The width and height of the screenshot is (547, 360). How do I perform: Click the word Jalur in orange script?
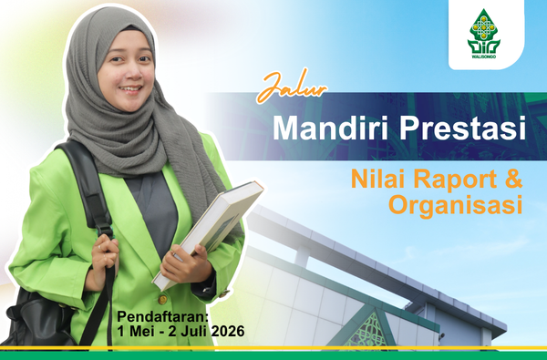coord(292,87)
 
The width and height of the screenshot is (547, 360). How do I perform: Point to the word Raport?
coord(455,180)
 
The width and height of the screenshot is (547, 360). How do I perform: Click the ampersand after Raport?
coord(513,179)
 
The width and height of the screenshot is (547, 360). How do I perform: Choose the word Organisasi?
coord(455,206)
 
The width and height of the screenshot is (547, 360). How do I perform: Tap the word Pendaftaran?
coord(162,316)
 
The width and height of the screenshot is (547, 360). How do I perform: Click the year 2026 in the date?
coord(228,331)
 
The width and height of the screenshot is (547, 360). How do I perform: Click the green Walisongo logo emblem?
coord(484,31)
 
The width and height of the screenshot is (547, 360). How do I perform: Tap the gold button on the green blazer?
coord(162,299)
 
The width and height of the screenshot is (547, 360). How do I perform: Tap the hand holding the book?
coord(186,265)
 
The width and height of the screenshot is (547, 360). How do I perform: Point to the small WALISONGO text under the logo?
coord(484,57)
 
